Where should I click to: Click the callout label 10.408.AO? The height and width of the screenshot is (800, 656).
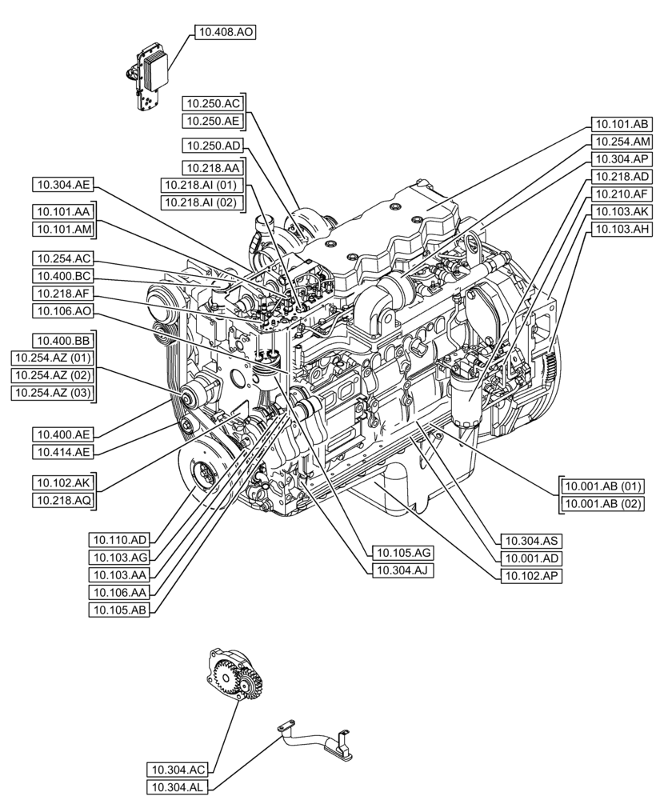[224, 33]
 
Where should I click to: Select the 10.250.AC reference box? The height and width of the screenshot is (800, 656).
[211, 103]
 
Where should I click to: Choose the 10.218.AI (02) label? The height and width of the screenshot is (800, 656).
[200, 202]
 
